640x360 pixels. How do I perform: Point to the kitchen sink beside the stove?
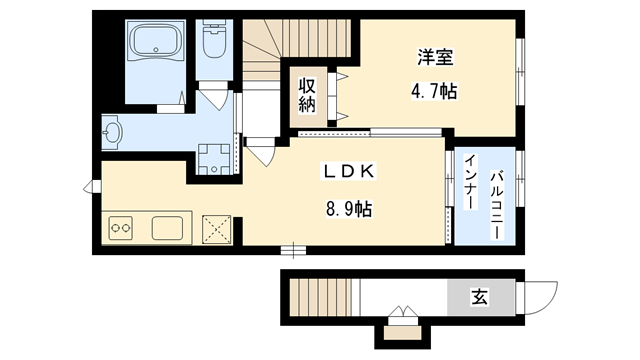(168, 228)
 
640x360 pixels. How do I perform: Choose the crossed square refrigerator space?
(216, 228)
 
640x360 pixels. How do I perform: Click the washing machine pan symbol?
(213, 158)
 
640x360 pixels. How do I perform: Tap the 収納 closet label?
(307, 94)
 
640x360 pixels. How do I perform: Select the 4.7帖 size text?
(434, 91)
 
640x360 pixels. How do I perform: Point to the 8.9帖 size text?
(349, 210)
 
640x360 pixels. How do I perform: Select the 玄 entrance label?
(480, 296)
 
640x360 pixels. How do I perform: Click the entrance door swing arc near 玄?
(540, 296)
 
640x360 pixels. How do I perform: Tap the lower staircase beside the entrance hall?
(317, 298)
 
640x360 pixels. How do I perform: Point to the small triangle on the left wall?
(93, 185)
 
